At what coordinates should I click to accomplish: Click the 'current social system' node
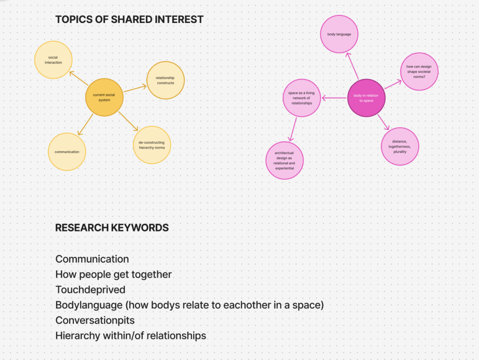point(104,97)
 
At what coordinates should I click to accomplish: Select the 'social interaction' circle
point(53,59)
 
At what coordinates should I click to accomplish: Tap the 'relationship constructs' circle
point(165,80)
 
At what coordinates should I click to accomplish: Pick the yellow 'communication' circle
point(67,152)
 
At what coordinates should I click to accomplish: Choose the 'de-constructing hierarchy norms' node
point(152,145)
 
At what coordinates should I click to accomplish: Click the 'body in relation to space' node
point(366,98)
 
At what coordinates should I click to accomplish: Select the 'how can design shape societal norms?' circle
point(419,71)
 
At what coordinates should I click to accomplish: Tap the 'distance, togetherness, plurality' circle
point(400,146)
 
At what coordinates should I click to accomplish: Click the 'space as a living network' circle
point(302,98)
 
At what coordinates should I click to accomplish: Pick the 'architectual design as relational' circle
point(284,161)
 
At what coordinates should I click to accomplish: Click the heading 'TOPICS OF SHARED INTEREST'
point(130,20)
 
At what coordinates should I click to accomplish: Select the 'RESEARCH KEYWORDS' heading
point(112,228)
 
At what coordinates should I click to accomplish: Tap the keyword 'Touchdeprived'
point(90,290)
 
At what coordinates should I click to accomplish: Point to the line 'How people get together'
point(114,274)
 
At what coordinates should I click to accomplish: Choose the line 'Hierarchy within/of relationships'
point(131,336)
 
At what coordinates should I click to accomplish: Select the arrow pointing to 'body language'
point(352,66)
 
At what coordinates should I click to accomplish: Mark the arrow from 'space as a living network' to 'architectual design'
point(294,129)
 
